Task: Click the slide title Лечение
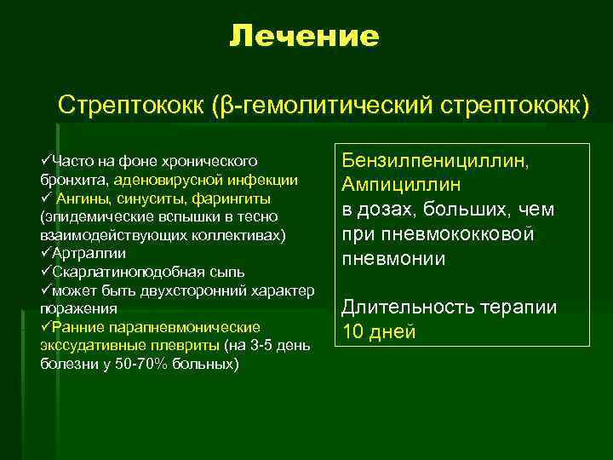[304, 37]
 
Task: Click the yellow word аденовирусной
[158, 180]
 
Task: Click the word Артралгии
[89, 253]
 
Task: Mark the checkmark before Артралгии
[46, 253]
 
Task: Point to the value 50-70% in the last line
[129, 364]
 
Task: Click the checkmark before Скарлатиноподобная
[46, 272]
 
